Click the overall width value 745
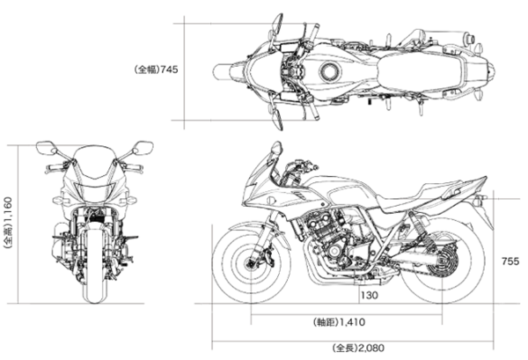pos(171,69)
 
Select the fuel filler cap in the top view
pos(332,72)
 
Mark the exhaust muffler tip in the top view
pos(469,40)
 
